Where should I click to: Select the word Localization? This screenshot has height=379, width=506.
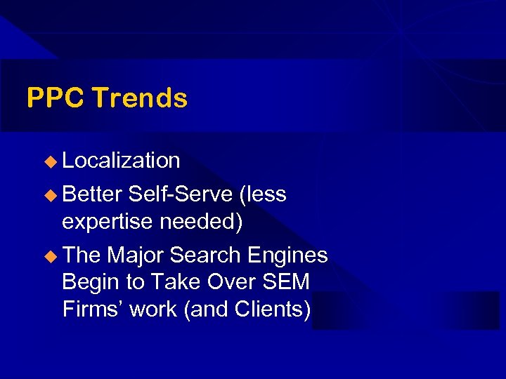pyautogui.click(x=121, y=161)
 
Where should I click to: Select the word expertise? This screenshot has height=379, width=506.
pyautogui.click(x=108, y=222)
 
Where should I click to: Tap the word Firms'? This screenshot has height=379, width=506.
pyautogui.click(x=90, y=308)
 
